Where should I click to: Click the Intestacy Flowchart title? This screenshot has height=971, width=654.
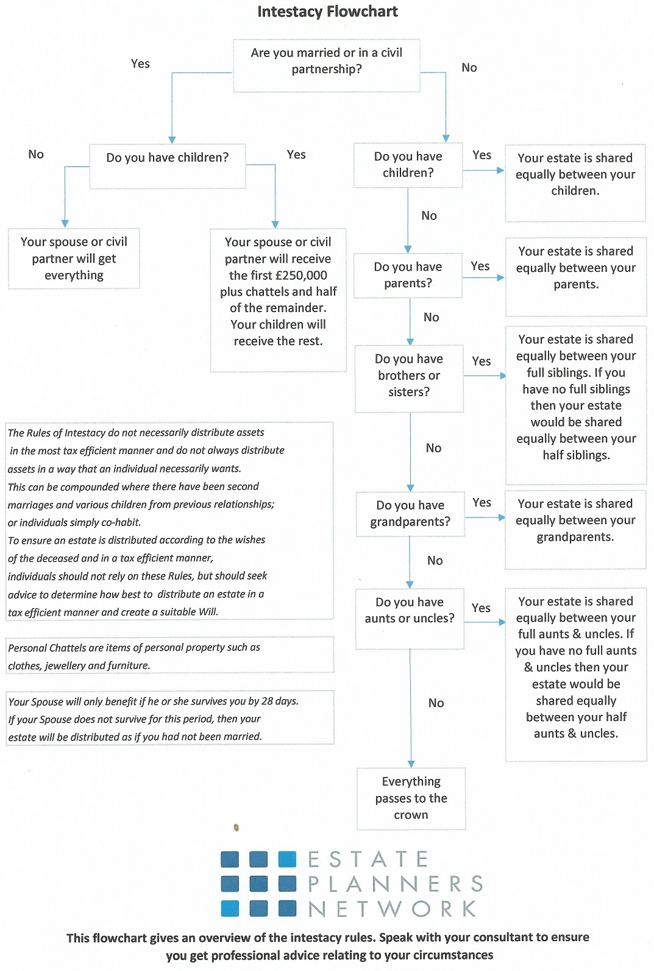[x=327, y=12]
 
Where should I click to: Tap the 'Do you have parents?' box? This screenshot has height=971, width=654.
[x=408, y=276]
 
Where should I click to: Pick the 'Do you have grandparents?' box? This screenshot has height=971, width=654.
[x=410, y=514]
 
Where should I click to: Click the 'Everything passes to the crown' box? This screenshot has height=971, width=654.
[x=411, y=798]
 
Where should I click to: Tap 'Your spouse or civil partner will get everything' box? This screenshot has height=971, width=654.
[x=74, y=258]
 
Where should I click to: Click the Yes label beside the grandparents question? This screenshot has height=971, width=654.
[x=482, y=502]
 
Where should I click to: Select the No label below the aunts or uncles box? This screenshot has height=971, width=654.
[x=436, y=703]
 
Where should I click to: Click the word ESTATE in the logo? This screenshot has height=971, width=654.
[x=368, y=859]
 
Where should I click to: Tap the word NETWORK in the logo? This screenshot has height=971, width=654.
[x=392, y=909]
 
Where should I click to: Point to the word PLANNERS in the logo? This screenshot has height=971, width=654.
[x=395, y=884]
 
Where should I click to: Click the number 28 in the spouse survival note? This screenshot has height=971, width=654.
[x=267, y=701]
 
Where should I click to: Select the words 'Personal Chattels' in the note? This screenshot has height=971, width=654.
[x=47, y=647]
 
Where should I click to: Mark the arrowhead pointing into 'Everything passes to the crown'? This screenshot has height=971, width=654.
[x=411, y=764]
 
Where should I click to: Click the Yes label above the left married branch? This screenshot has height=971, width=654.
[x=140, y=64]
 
